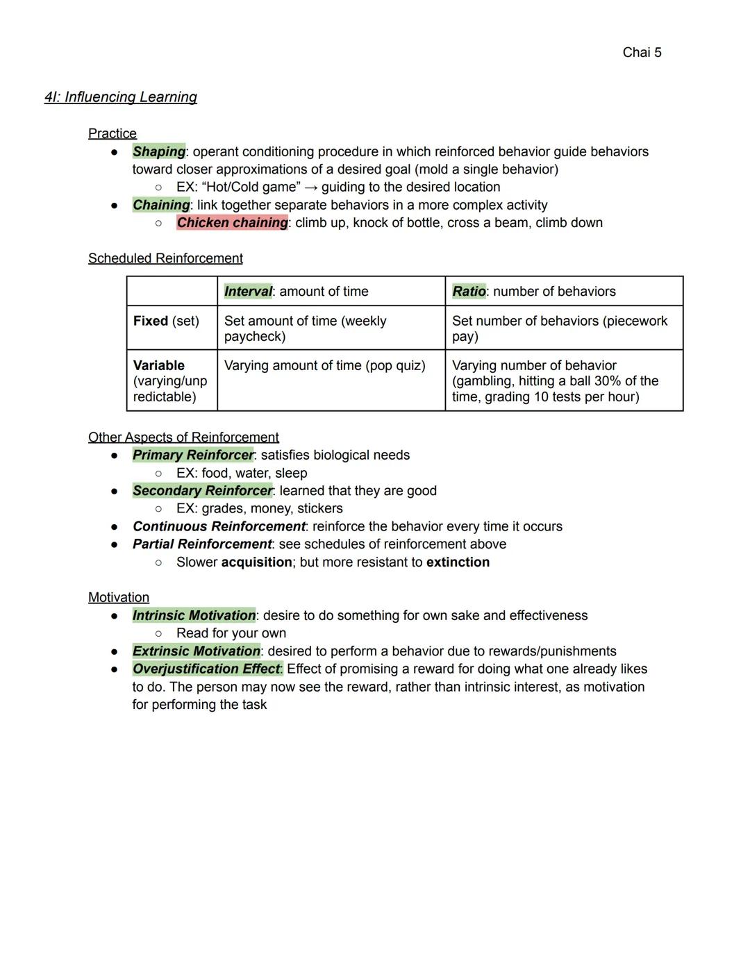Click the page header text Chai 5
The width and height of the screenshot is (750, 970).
642,53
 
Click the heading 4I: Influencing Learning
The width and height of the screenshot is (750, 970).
121,97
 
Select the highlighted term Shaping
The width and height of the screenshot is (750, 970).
159,151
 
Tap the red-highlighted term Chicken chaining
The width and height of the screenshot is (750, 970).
232,223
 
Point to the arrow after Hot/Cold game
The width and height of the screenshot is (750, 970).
310,187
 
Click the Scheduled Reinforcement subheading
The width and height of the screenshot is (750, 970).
165,258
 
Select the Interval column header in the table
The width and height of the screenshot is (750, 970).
248,292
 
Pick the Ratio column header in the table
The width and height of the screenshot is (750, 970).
469,292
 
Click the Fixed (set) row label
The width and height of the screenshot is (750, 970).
166,321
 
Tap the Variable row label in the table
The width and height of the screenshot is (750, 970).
159,365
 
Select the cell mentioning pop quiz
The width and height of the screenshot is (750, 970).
324,365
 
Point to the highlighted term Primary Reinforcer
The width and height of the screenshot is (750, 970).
193,455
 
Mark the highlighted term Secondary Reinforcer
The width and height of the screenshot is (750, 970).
202,491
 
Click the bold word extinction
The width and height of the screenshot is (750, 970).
458,562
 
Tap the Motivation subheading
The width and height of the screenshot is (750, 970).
119,598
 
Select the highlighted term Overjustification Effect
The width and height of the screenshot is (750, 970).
207,669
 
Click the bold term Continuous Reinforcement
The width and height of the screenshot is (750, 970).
219,526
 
